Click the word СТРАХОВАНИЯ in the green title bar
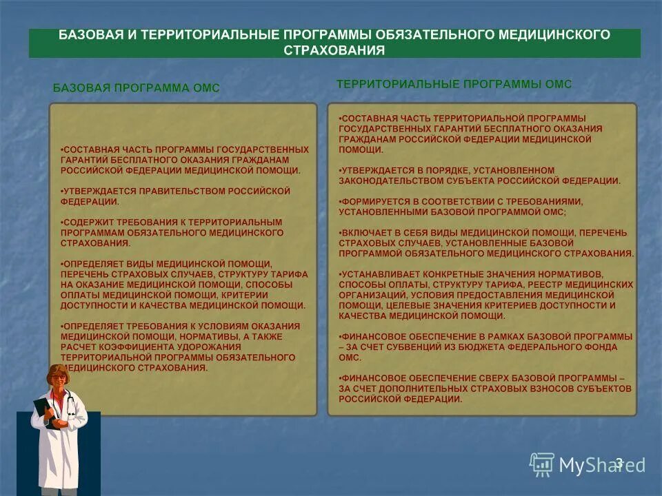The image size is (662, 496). [x=334, y=50]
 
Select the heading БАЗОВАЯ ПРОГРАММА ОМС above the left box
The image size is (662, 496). [x=137, y=87]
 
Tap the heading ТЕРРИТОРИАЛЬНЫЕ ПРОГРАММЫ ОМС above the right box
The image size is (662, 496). [x=454, y=83]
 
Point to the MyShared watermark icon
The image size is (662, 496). [x=542, y=465]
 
